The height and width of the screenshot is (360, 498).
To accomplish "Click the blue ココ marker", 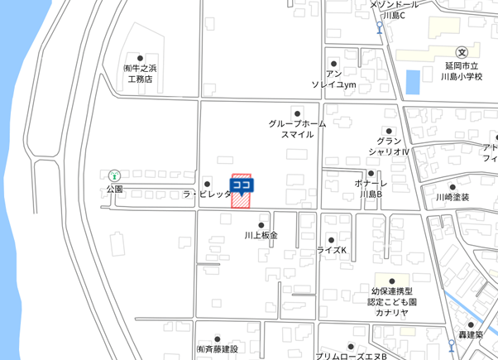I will coord(242,185).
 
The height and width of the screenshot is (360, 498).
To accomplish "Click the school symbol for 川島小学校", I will coord(461,51).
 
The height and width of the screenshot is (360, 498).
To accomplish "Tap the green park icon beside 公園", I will coord(114,175).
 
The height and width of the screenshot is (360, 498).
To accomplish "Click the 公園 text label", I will coord(114,189).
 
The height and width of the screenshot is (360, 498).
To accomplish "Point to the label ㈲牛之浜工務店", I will coord(139,74).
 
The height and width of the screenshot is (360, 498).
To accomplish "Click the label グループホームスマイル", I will coord(297,128).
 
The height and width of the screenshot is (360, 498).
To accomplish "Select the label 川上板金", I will coord(261,235).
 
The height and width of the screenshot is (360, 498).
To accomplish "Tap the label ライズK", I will coord(332,249).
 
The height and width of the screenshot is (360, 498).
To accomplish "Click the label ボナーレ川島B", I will coord(371,190).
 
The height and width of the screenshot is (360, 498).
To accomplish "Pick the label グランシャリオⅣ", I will coord(389,146).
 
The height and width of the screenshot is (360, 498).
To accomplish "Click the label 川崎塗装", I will coord(453,198).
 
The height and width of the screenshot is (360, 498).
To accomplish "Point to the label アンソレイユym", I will coord(333,79).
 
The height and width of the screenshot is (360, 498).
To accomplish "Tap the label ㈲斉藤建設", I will coord(217,349).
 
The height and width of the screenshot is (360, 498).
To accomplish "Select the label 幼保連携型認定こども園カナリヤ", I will coord(392,302).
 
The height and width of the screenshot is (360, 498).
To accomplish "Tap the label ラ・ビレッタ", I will coord(207,194).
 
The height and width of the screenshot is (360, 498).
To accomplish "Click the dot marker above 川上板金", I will coord(261,224).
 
